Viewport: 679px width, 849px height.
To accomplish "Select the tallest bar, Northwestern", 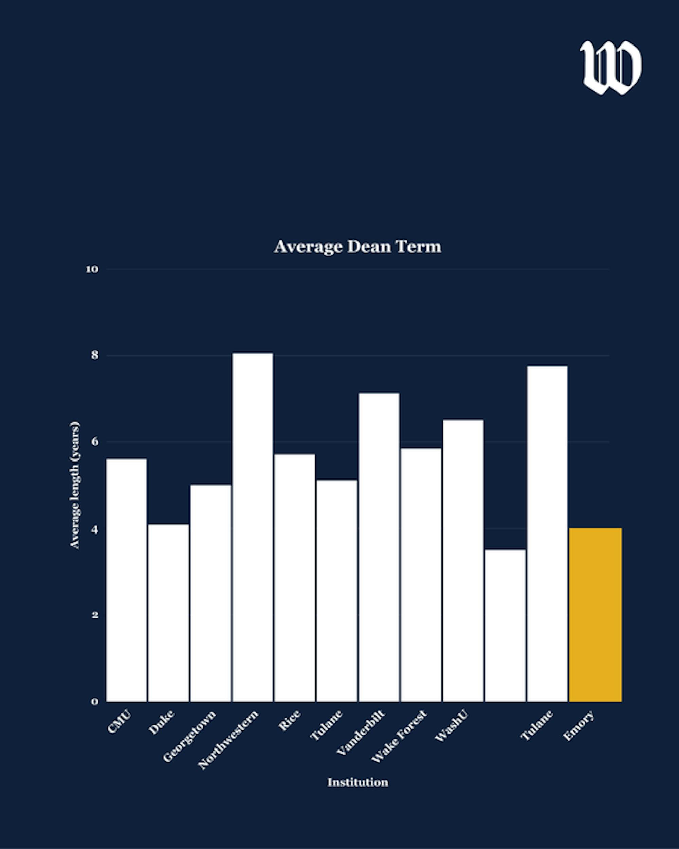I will pyautogui.click(x=252, y=528).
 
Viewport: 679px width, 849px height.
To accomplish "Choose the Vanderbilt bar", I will pyautogui.click(x=379, y=547).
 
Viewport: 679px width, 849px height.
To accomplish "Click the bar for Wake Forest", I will pyautogui.click(x=421, y=575).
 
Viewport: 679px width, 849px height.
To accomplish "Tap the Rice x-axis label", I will pyautogui.click(x=289, y=721).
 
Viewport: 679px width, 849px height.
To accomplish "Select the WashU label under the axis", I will pyautogui.click(x=452, y=726).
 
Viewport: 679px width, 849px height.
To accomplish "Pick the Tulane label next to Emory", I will pyautogui.click(x=536, y=725).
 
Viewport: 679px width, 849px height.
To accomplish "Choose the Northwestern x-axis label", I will pyautogui.click(x=228, y=740).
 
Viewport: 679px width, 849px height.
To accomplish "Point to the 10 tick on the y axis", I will pyautogui.click(x=92, y=269).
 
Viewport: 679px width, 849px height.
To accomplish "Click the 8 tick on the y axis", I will pyautogui.click(x=94, y=355).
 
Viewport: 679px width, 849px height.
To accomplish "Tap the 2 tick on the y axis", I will pyautogui.click(x=95, y=615).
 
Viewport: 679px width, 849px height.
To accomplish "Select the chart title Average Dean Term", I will pyautogui.click(x=357, y=247).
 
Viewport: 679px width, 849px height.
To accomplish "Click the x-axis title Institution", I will pyautogui.click(x=357, y=782).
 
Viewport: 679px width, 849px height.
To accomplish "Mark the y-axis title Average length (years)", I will pyautogui.click(x=75, y=485).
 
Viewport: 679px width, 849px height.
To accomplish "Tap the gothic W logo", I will pyautogui.click(x=610, y=67).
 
